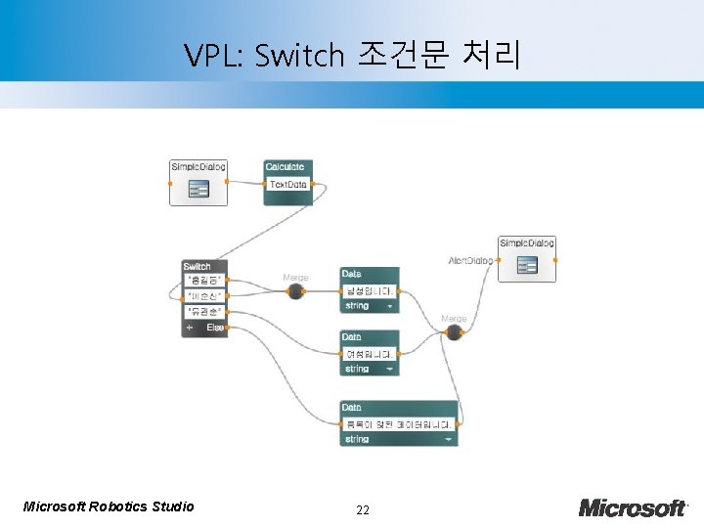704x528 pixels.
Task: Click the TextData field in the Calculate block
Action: [x=287, y=185]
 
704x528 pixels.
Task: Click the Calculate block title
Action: [x=285, y=167]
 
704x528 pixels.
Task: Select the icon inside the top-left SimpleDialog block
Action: [x=198, y=190]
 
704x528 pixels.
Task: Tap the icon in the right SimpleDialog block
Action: [x=527, y=265]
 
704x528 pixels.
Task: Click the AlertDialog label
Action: [x=470, y=261]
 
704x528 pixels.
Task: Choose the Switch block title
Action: [x=198, y=266]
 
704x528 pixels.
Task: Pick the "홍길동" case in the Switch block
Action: [x=203, y=281]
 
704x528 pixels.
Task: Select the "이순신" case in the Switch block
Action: [x=203, y=295]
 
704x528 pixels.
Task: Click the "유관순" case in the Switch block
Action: [x=203, y=312]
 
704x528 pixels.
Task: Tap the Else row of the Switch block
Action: [x=215, y=329]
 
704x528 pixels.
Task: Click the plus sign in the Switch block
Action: [x=189, y=329]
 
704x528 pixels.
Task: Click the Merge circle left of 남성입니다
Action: [x=295, y=290]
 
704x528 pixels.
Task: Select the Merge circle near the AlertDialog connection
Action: [x=454, y=332]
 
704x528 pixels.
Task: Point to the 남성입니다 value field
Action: [x=370, y=290]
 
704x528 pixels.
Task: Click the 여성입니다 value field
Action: [x=370, y=354]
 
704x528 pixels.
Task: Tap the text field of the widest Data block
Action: [x=398, y=424]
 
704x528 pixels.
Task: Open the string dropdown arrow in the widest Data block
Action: [x=449, y=440]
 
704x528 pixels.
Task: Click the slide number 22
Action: [x=364, y=509]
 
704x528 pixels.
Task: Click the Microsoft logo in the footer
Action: [x=632, y=507]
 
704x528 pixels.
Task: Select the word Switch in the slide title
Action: [x=299, y=55]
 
